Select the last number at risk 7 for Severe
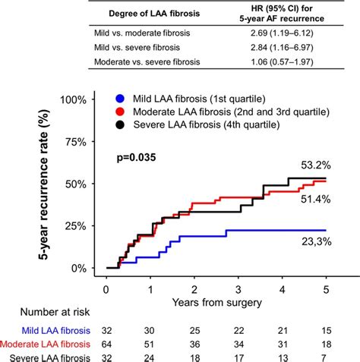pos(327,358)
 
